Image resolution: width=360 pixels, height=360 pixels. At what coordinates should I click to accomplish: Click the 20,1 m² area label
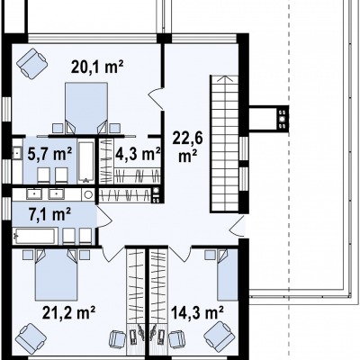97,67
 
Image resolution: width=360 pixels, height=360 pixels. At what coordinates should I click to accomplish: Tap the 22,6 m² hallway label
187,147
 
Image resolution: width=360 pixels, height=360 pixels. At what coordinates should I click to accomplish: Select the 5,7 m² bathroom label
49,155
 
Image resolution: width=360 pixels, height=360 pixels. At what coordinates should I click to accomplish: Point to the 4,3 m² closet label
138,155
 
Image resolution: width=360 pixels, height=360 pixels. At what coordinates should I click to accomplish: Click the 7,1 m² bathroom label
50,214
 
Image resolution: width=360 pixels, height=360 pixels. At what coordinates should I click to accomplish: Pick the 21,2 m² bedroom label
68,313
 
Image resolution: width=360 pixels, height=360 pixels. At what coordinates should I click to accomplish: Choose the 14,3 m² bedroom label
197,313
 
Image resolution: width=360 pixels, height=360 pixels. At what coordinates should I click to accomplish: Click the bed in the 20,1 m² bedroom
86,107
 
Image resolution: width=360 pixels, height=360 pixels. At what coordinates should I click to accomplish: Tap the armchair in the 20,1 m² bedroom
32,63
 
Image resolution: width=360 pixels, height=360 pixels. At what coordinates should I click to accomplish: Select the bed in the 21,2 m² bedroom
56,274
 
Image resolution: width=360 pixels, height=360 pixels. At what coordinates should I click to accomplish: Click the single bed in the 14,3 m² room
228,274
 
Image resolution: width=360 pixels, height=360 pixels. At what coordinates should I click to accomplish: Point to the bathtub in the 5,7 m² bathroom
86,162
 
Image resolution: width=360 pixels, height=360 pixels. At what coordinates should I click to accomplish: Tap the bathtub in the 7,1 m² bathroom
35,237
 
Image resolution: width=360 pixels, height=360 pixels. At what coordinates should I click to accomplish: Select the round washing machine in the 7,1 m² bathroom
88,194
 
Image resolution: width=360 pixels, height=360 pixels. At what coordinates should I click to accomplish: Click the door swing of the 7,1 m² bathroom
104,217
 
